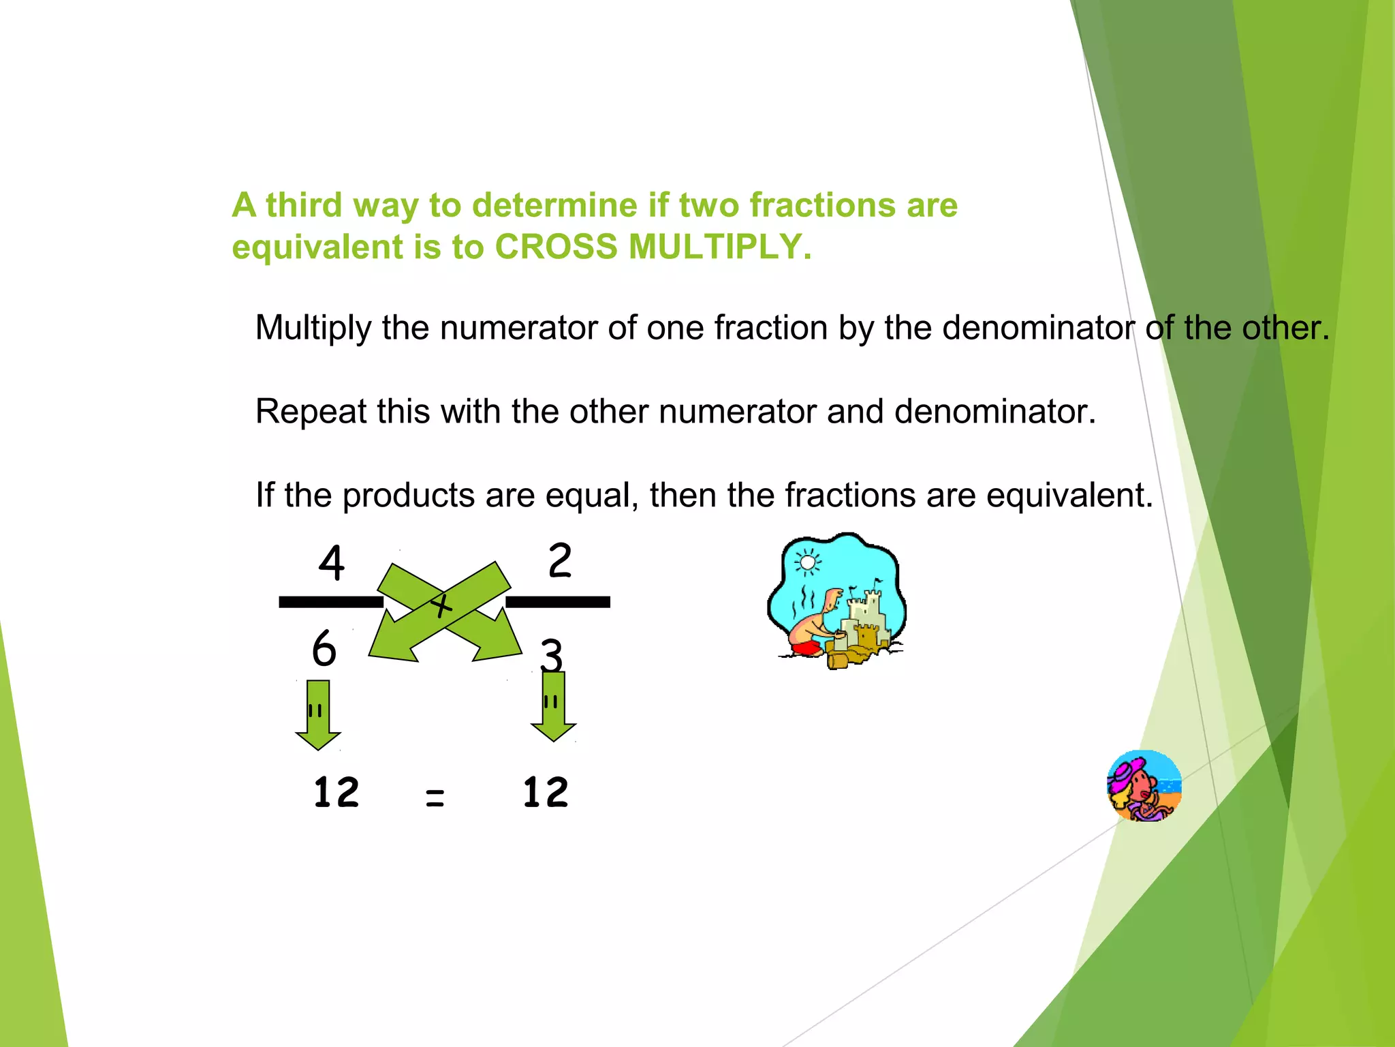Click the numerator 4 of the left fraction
[x=332, y=563]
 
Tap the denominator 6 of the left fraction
[x=324, y=648]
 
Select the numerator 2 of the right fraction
[x=560, y=560]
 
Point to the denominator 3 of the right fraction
[x=552, y=655]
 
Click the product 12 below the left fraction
[x=336, y=793]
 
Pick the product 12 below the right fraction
[x=545, y=793]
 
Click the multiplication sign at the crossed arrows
[x=441, y=605]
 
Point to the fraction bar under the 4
[x=331, y=602]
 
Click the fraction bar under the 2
[x=557, y=602]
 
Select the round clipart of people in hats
[x=1144, y=786]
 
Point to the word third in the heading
[x=304, y=205]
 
